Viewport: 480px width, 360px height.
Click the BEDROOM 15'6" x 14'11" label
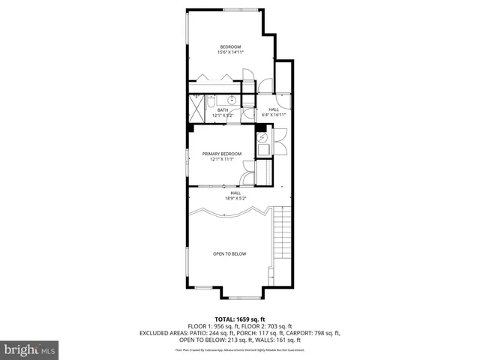click(x=229, y=49)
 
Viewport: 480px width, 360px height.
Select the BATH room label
click(x=223, y=112)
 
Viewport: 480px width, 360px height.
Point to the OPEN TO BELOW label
click(x=229, y=253)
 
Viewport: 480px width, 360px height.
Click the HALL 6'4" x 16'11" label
click(x=273, y=112)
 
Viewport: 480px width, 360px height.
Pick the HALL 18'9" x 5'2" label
click(x=235, y=196)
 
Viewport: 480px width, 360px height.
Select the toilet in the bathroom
click(x=212, y=100)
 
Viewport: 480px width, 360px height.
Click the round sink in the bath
click(x=232, y=100)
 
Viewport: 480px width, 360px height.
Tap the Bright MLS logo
click(x=30, y=349)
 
